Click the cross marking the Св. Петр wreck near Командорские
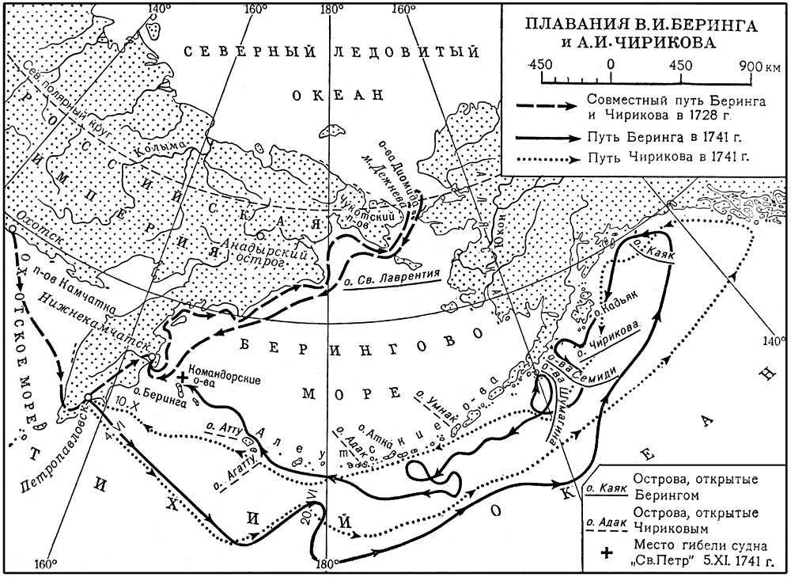[184, 378]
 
